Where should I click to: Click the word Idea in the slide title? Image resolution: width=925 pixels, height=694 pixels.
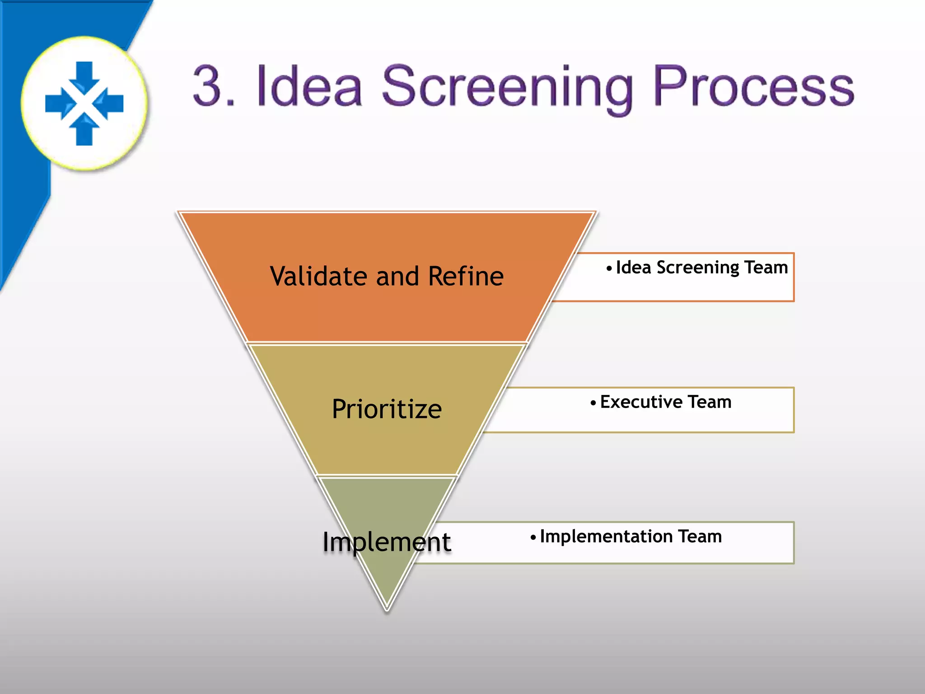[309, 86]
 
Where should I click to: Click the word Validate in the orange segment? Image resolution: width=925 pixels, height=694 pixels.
[318, 276]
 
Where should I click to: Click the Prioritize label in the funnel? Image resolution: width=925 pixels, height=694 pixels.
[387, 409]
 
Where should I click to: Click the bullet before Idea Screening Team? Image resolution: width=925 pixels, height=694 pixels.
[609, 268]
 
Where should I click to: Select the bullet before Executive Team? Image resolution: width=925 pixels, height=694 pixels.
[593, 403]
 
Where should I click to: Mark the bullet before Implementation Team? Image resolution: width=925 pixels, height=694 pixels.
[533, 538]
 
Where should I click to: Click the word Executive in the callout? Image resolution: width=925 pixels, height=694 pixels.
[641, 402]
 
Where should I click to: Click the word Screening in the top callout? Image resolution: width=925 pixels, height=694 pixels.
[698, 267]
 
